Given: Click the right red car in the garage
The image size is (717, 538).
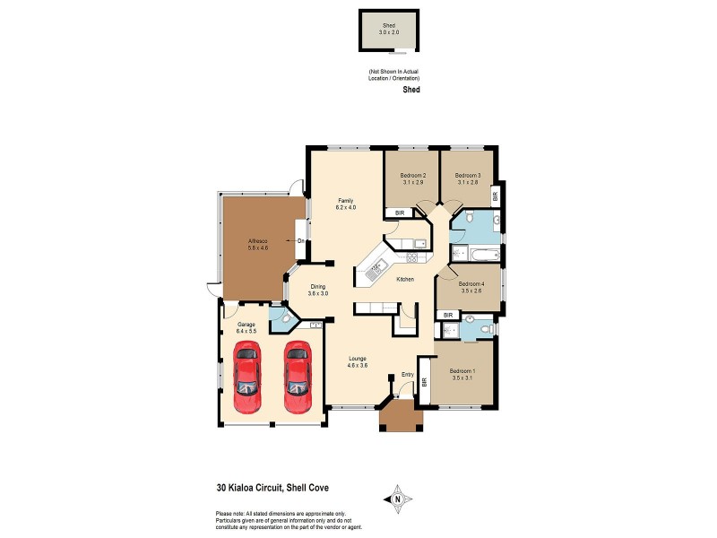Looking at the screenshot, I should [298, 376].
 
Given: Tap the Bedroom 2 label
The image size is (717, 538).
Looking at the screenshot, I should [412, 175].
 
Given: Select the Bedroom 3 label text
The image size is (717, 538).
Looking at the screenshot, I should [467, 175].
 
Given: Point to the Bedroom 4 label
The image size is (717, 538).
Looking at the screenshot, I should [471, 282].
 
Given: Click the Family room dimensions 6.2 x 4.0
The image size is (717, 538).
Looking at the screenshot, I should [346, 207].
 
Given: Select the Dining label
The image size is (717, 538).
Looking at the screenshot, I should [318, 287].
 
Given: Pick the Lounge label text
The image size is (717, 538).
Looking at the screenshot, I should [358, 359].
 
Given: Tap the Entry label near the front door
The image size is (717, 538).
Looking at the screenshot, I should [407, 374].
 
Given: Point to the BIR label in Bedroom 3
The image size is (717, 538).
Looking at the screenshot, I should [495, 195].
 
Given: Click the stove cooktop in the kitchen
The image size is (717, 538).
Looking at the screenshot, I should [413, 259].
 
